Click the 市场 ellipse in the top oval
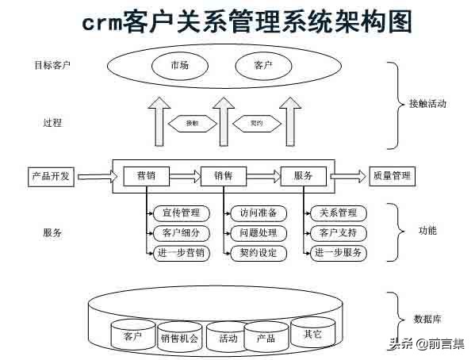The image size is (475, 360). coord(179,64)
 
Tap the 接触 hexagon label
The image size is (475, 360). coord(192,123)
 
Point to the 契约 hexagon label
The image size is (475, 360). coord(256,123)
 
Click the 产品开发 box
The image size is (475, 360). coord(52,176)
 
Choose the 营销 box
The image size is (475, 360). coord(146,176)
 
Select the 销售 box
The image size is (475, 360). coord(224,176)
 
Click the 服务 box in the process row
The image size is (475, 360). coord(303,176)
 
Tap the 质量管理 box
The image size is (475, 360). coord(393,176)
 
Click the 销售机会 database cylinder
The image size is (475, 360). coord(179,337)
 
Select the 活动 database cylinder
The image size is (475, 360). coord(228,338)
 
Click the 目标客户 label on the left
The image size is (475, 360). coord(47,64)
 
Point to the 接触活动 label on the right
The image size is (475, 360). coord(427,104)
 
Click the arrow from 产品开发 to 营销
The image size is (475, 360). coord(96,176)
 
